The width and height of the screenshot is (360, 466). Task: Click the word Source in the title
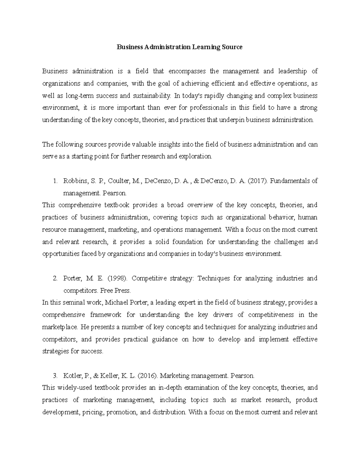tap(232, 47)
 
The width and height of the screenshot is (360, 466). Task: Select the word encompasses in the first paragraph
tap(187, 71)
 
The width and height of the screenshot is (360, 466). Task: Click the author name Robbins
tap(74, 181)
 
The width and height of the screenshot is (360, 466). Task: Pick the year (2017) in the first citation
tap(259, 181)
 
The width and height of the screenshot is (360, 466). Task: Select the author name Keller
tap(109, 376)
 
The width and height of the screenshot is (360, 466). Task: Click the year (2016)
tap(147, 376)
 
